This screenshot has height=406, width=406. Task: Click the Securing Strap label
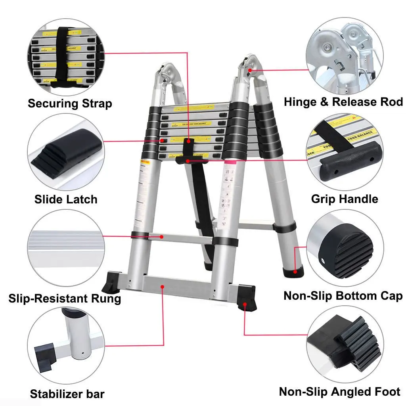pos(70,104)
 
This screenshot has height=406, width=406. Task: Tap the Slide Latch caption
pos(66,199)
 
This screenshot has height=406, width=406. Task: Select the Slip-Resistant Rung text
pos(65,298)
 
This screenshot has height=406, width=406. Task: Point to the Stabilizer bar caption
pos(67,394)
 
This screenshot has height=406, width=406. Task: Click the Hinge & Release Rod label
pos(343,102)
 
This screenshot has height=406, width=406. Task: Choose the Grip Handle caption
pos(345,199)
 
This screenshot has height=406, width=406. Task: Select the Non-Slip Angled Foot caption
pos(340,392)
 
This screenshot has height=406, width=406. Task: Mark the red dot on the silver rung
pos(162,237)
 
